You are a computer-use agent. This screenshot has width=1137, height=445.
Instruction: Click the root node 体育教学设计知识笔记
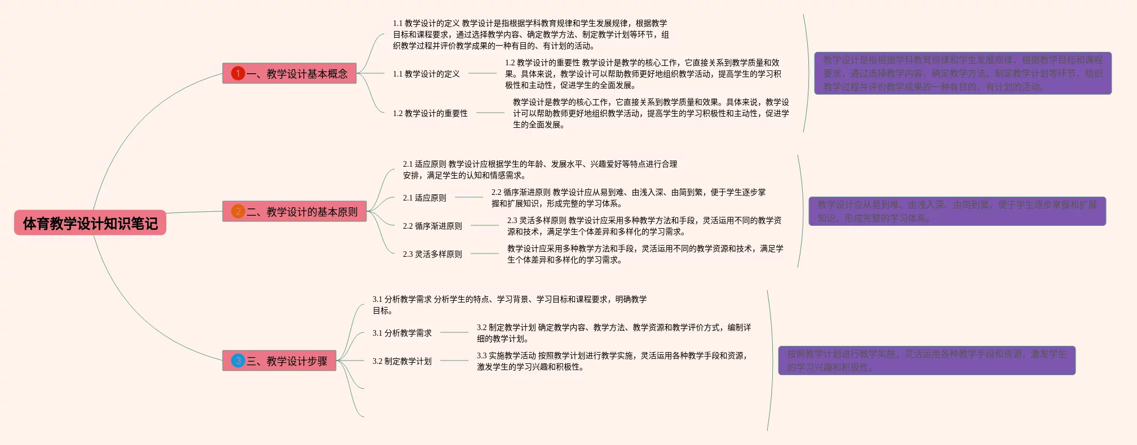[90, 223]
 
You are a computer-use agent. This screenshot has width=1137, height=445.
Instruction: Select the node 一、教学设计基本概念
[289, 73]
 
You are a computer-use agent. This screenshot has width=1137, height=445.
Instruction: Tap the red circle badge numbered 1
[238, 73]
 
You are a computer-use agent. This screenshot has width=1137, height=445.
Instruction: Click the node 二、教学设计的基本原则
[294, 211]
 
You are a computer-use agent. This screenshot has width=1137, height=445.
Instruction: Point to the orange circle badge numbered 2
[238, 211]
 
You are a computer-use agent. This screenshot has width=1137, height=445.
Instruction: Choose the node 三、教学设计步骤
[279, 361]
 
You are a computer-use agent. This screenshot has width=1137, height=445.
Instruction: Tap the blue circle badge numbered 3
[238, 361]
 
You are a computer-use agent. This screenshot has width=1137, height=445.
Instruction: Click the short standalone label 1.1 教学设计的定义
[426, 74]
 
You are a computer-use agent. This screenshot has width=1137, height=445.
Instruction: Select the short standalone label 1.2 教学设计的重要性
[430, 113]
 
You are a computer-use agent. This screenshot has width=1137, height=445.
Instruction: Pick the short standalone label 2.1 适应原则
[424, 198]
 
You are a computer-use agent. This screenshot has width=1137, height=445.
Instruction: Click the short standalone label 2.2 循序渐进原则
[432, 226]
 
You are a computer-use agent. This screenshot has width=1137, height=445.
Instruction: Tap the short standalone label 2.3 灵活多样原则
[432, 254]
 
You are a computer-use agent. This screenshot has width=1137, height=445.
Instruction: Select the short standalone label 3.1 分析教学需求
[402, 333]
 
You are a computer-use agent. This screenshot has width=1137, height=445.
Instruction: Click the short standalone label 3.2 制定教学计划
[402, 361]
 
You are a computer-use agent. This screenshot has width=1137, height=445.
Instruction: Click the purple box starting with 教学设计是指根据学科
[963, 73]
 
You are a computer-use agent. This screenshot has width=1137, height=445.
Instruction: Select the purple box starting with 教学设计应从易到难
[957, 211]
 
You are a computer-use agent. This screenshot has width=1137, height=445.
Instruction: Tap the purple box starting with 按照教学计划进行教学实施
[927, 361]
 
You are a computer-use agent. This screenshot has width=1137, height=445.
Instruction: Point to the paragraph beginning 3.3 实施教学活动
[612, 361]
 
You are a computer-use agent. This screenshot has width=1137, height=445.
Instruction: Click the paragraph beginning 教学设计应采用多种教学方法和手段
[645, 254]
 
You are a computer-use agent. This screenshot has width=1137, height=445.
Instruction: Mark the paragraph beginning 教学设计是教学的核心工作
[651, 113]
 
